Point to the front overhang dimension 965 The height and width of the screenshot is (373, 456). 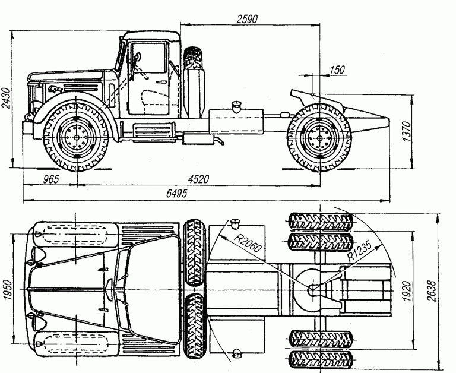[51, 179]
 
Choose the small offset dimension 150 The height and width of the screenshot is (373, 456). [336, 70]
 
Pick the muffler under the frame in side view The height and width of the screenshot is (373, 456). [201, 138]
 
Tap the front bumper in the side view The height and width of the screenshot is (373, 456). [27, 126]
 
